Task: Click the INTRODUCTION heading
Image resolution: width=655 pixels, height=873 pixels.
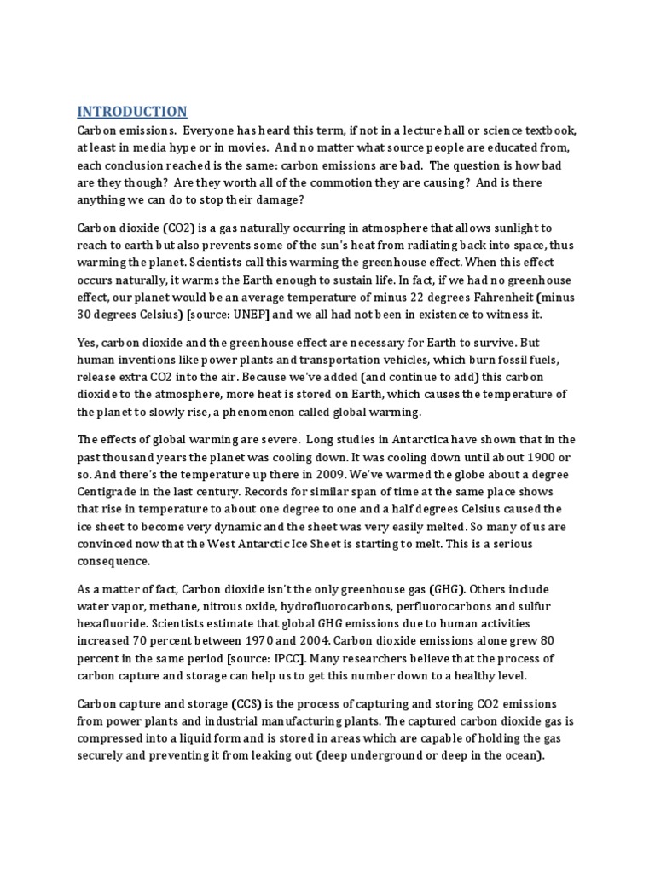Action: pyautogui.click(x=132, y=112)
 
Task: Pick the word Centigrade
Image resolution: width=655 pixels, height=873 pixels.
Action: pyautogui.click(x=111, y=494)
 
